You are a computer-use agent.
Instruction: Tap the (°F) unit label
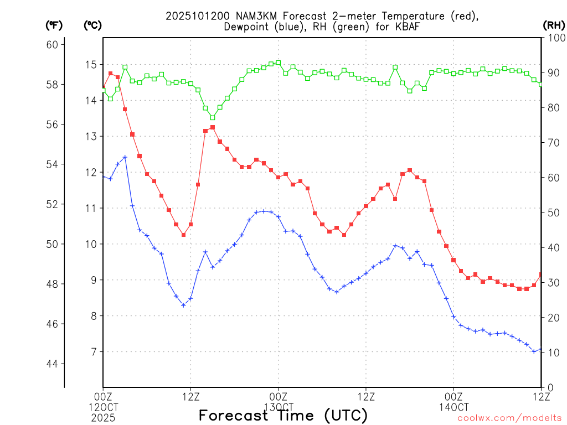(54, 25)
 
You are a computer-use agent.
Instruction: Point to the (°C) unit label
(92, 25)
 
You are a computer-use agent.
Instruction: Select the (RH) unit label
(553, 25)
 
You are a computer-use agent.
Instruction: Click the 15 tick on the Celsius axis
(90, 65)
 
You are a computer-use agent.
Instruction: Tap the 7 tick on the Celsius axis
(92, 352)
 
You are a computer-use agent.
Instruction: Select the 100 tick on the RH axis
(554, 38)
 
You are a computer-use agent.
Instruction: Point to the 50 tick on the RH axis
(552, 212)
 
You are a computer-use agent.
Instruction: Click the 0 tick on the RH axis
(549, 387)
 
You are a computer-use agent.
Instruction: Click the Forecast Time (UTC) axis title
(283, 415)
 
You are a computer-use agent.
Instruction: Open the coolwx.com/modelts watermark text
(509, 418)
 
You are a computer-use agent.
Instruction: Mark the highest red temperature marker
(110, 73)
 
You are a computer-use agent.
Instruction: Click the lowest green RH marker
(213, 117)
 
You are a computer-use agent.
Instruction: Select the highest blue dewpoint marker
(125, 157)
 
